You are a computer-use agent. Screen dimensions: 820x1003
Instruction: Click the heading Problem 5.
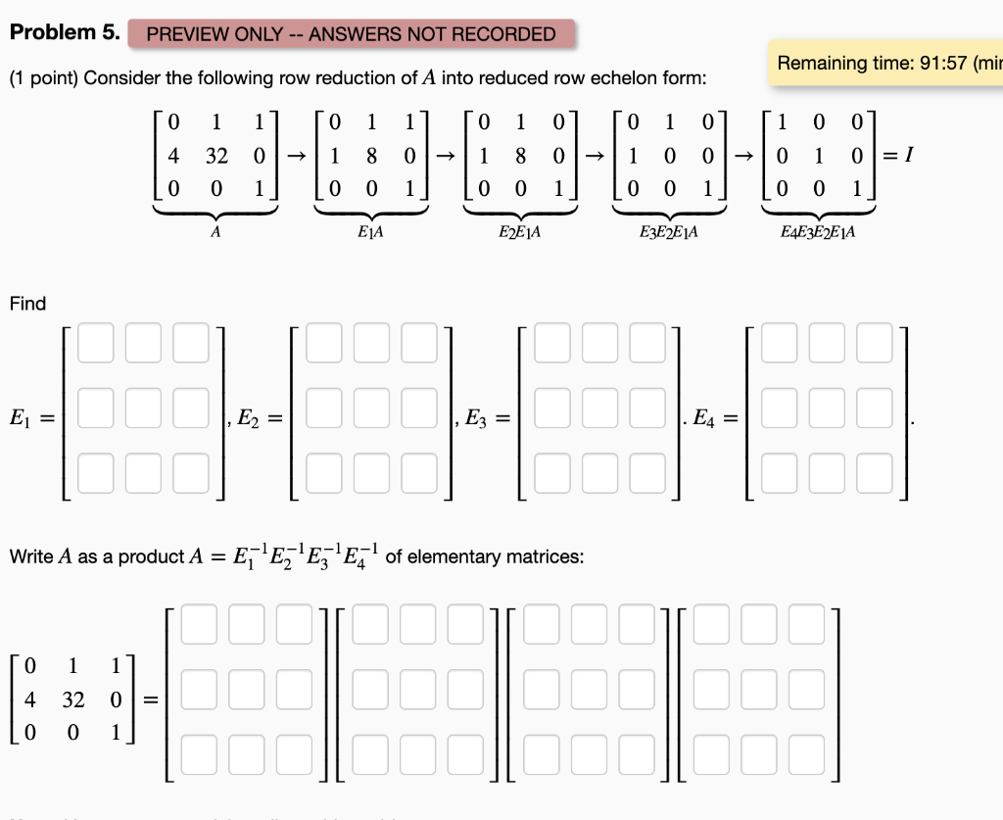coord(65,32)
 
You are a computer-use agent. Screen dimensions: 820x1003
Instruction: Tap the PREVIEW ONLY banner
coord(351,34)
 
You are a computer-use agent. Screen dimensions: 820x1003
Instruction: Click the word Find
coord(27,304)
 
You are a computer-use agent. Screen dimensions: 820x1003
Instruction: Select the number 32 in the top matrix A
coord(218,156)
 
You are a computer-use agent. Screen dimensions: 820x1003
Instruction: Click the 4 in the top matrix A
coord(173,156)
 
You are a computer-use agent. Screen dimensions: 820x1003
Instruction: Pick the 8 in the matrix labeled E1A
coord(370,156)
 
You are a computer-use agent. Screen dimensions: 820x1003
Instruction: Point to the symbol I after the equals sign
coord(911,156)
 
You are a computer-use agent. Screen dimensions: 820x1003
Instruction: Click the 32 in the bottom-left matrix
coord(72,699)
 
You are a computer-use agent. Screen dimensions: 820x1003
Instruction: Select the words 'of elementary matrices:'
coord(485,556)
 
